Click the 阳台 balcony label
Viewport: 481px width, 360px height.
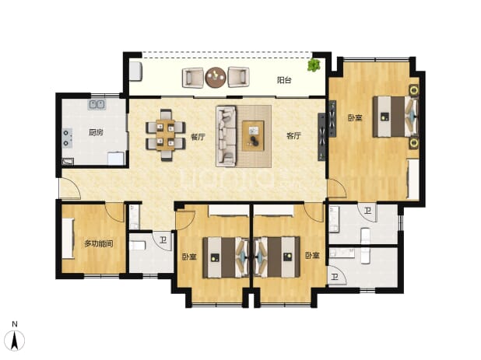284,80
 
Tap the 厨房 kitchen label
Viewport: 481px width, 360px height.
96,132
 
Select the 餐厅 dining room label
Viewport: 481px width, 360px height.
198,137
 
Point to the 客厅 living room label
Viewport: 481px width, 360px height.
293,136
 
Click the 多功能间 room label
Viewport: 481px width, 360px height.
99,244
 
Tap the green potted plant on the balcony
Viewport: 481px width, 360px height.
314,65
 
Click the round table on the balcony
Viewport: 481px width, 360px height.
216,77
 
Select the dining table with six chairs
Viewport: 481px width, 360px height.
166,135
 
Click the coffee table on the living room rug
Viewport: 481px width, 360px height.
253,136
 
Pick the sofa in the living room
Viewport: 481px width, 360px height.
226,136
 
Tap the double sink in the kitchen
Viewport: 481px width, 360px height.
97,104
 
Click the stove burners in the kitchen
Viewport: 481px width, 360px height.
67,138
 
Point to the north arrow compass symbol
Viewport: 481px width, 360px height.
15,341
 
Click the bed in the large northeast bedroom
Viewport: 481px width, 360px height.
395,117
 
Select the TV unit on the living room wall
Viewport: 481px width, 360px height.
321,137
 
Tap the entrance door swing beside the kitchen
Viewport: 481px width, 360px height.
70,188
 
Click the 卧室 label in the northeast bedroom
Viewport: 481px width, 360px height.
355,117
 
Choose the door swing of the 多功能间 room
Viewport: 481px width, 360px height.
115,211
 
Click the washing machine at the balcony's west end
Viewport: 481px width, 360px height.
135,72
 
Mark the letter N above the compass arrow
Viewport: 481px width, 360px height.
15,324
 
